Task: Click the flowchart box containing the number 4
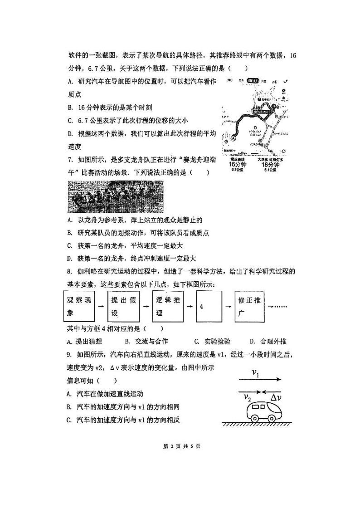(209, 307)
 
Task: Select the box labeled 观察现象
(78, 307)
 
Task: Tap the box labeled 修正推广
(250, 307)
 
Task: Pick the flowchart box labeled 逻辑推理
(166, 307)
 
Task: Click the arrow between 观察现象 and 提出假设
(101, 307)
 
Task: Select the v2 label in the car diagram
(247, 398)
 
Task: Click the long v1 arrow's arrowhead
(278, 380)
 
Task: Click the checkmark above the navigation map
(285, 82)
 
